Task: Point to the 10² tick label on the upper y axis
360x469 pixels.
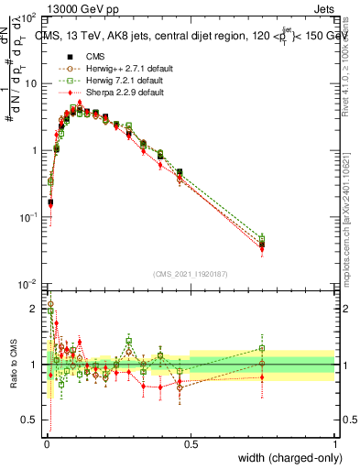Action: pyautogui.click(x=29, y=18)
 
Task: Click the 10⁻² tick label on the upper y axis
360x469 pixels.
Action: pyautogui.click(x=29, y=283)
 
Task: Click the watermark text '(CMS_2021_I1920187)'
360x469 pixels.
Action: pyautogui.click(x=191, y=273)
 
